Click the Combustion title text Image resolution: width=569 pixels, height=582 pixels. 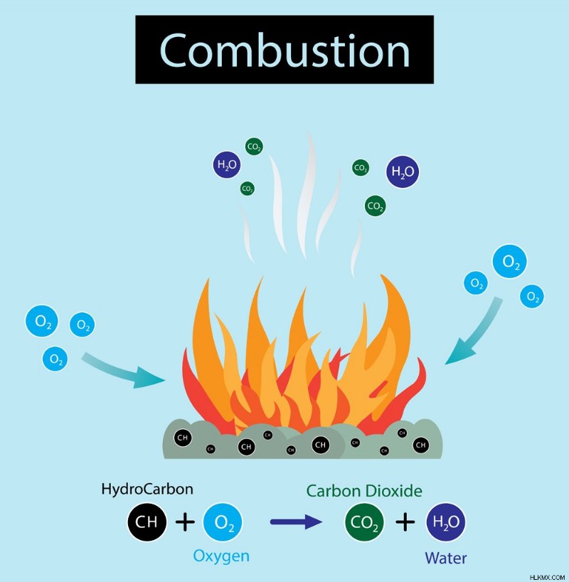pyautogui.click(x=284, y=50)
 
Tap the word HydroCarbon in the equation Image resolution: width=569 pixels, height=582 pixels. pyautogui.click(x=147, y=489)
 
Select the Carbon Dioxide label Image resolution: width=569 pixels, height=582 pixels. pyautogui.click(x=364, y=491)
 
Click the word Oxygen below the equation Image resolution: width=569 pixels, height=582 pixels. pyautogui.click(x=221, y=556)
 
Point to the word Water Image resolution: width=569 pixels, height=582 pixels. pyautogui.click(x=446, y=558)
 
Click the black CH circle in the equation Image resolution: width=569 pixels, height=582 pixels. pyautogui.click(x=147, y=522)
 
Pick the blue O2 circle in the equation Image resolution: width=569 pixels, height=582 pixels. pyautogui.click(x=223, y=522)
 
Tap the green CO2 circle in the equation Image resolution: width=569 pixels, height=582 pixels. pyautogui.click(x=364, y=522)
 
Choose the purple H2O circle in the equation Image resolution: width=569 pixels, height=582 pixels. pyautogui.click(x=446, y=522)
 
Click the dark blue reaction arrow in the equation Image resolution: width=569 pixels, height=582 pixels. pyautogui.click(x=296, y=522)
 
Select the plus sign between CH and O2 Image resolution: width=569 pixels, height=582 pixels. pyautogui.click(x=185, y=522)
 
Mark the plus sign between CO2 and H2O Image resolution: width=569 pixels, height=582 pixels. pyautogui.click(x=405, y=522)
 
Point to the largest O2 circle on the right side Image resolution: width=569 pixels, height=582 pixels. pyautogui.click(x=510, y=261)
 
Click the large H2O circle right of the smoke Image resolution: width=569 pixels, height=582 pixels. pyautogui.click(x=403, y=171)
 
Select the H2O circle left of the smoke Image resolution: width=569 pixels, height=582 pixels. pyautogui.click(x=227, y=164)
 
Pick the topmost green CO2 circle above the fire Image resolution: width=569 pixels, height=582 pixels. pyautogui.click(x=254, y=147)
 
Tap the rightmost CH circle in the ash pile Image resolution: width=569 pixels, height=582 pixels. pyautogui.click(x=421, y=445)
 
